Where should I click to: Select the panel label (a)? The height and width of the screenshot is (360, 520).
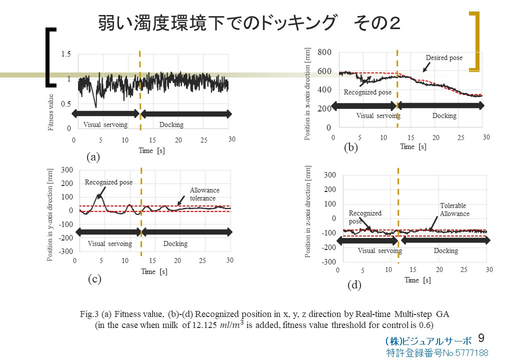coord(93,157)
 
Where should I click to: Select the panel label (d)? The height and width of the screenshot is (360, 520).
coord(354,285)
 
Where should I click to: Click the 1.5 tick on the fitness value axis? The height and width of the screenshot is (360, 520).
coord(66,54)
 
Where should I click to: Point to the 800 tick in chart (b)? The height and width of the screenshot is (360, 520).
coord(324,52)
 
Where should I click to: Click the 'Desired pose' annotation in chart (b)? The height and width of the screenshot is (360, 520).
coord(443,58)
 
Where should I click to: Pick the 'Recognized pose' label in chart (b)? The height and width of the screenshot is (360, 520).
coord(367,92)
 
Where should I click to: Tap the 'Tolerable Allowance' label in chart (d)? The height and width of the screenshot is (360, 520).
coord(454,209)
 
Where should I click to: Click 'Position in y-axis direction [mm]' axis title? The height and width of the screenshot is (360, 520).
coord(50,214)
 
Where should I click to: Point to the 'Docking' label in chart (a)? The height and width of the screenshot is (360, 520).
coord(171,124)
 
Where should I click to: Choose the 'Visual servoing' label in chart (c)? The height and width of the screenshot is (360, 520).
coord(109,243)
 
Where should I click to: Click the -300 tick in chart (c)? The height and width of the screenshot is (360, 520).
coord(66,251)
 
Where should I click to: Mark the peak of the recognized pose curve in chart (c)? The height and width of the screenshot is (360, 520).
coord(99,195)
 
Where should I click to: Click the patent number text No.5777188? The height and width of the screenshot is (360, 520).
coord(437,353)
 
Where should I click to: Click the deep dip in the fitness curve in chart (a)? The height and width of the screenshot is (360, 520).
coord(95,106)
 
